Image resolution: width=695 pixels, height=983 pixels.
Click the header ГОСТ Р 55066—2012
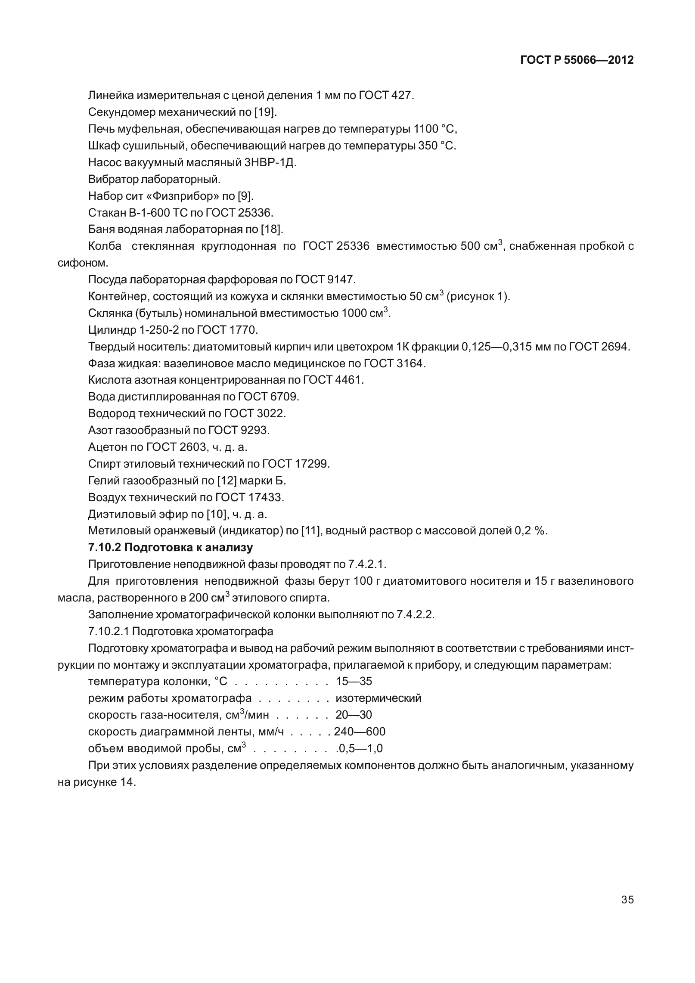pos(577,60)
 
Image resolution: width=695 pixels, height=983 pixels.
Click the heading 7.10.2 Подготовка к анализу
pos(171,548)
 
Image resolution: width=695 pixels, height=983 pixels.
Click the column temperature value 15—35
pos(354,682)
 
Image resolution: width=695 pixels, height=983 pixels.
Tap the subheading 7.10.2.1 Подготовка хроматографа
pos(180,632)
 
